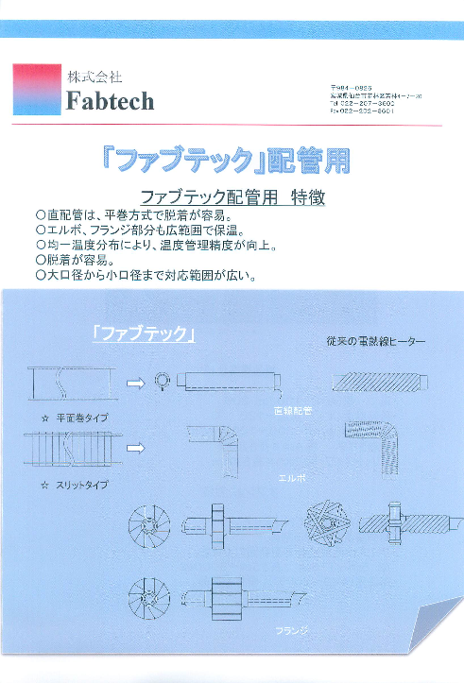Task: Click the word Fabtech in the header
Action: tap(110, 101)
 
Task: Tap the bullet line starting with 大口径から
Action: tap(146, 276)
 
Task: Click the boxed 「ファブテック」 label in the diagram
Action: tap(144, 333)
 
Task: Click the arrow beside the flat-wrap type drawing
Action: tap(134, 383)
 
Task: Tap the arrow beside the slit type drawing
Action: tap(134, 448)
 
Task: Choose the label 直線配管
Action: tap(291, 411)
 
